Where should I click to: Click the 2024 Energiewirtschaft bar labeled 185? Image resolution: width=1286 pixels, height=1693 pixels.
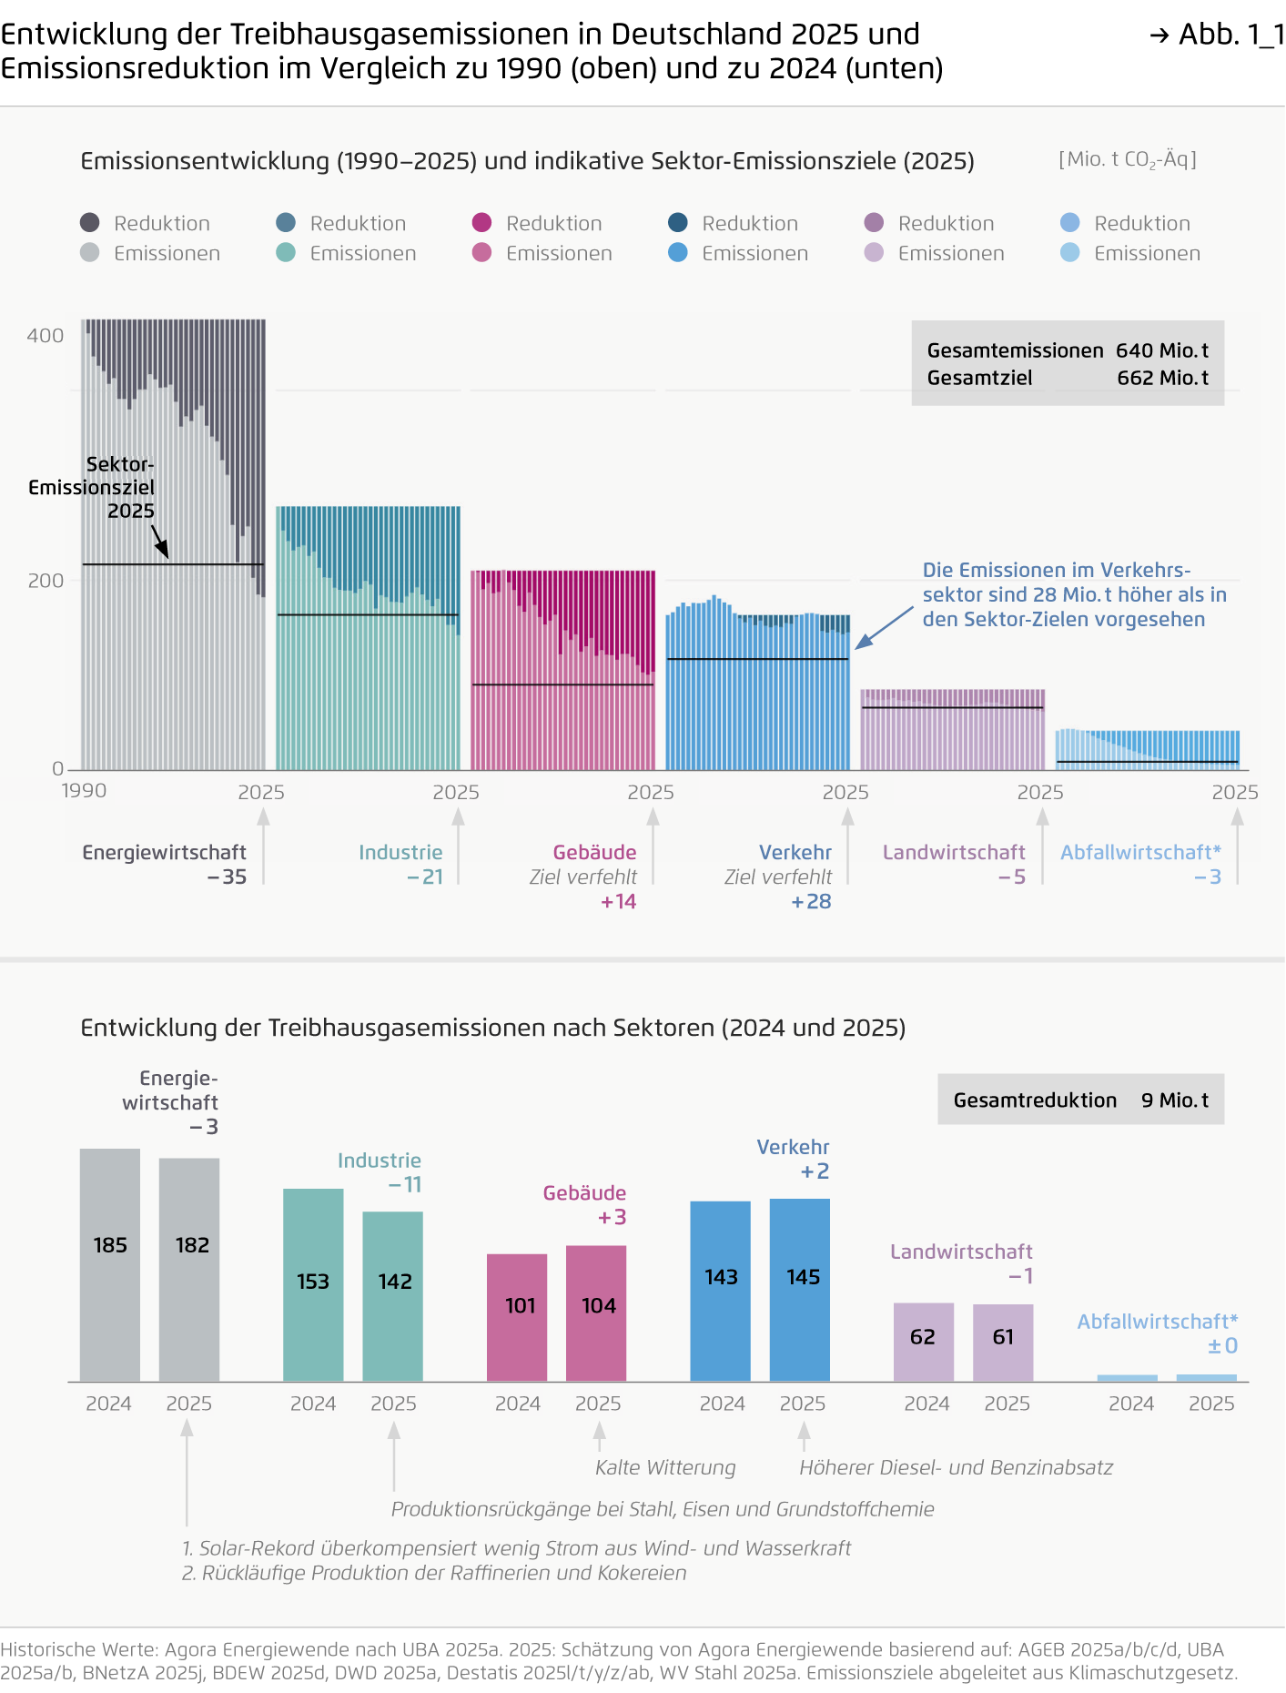click(110, 1265)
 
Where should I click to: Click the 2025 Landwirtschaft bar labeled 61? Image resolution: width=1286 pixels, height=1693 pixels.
click(1003, 1342)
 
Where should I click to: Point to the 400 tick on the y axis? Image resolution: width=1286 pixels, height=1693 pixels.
click(46, 336)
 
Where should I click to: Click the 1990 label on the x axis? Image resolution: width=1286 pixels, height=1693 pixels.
click(84, 790)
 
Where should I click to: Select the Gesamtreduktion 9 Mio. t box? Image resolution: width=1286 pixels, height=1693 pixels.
click(1080, 1100)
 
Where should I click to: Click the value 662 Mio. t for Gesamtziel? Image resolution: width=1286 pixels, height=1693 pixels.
click(1162, 378)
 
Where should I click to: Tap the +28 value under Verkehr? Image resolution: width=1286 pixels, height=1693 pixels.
click(811, 901)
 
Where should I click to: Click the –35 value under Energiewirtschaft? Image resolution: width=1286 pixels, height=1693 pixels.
click(227, 877)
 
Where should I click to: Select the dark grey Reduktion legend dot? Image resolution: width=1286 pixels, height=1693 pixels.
click(89, 223)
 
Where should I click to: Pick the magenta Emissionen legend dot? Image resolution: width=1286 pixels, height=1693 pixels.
click(482, 253)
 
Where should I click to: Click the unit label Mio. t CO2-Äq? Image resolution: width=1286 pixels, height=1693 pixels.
click(1128, 160)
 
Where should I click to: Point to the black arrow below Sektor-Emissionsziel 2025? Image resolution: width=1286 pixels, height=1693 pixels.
click(160, 541)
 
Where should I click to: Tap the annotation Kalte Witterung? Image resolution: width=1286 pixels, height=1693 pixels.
click(665, 1467)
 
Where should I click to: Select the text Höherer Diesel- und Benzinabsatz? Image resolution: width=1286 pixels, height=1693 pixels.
click(956, 1467)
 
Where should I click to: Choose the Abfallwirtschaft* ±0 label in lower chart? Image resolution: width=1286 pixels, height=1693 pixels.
click(1158, 1333)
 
